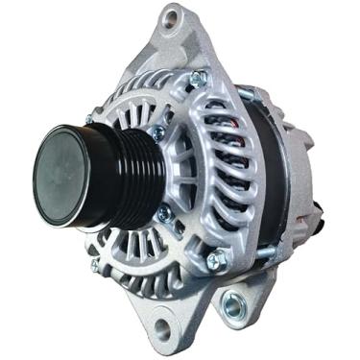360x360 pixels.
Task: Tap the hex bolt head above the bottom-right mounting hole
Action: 217,257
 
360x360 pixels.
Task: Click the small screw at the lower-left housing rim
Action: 95,264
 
